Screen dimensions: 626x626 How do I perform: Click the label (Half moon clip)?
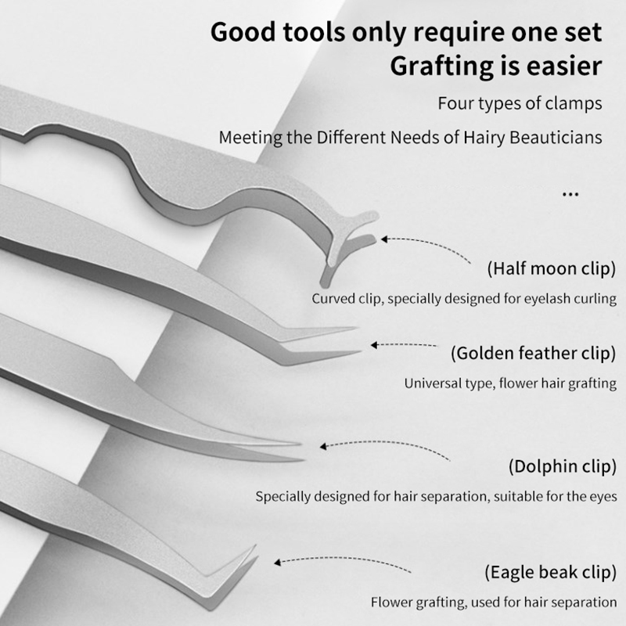click(552, 268)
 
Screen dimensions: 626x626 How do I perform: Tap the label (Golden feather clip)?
click(534, 354)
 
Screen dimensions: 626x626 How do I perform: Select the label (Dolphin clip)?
click(563, 466)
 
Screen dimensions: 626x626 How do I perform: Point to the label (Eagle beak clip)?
click(551, 572)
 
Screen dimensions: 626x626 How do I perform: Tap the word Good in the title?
click(243, 32)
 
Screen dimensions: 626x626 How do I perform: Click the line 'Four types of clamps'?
click(520, 103)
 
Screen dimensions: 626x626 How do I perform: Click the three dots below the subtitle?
click(570, 194)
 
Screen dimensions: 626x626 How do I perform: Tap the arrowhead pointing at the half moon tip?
click(384, 239)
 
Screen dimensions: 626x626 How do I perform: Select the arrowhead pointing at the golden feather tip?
click(374, 345)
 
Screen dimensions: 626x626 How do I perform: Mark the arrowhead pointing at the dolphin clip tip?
click(323, 446)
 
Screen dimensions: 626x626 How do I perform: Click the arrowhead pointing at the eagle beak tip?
click(278, 562)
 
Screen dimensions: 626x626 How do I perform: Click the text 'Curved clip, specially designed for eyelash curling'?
click(464, 299)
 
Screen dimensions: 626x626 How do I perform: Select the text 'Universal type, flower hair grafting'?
click(510, 383)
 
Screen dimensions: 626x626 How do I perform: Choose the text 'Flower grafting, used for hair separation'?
click(494, 602)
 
